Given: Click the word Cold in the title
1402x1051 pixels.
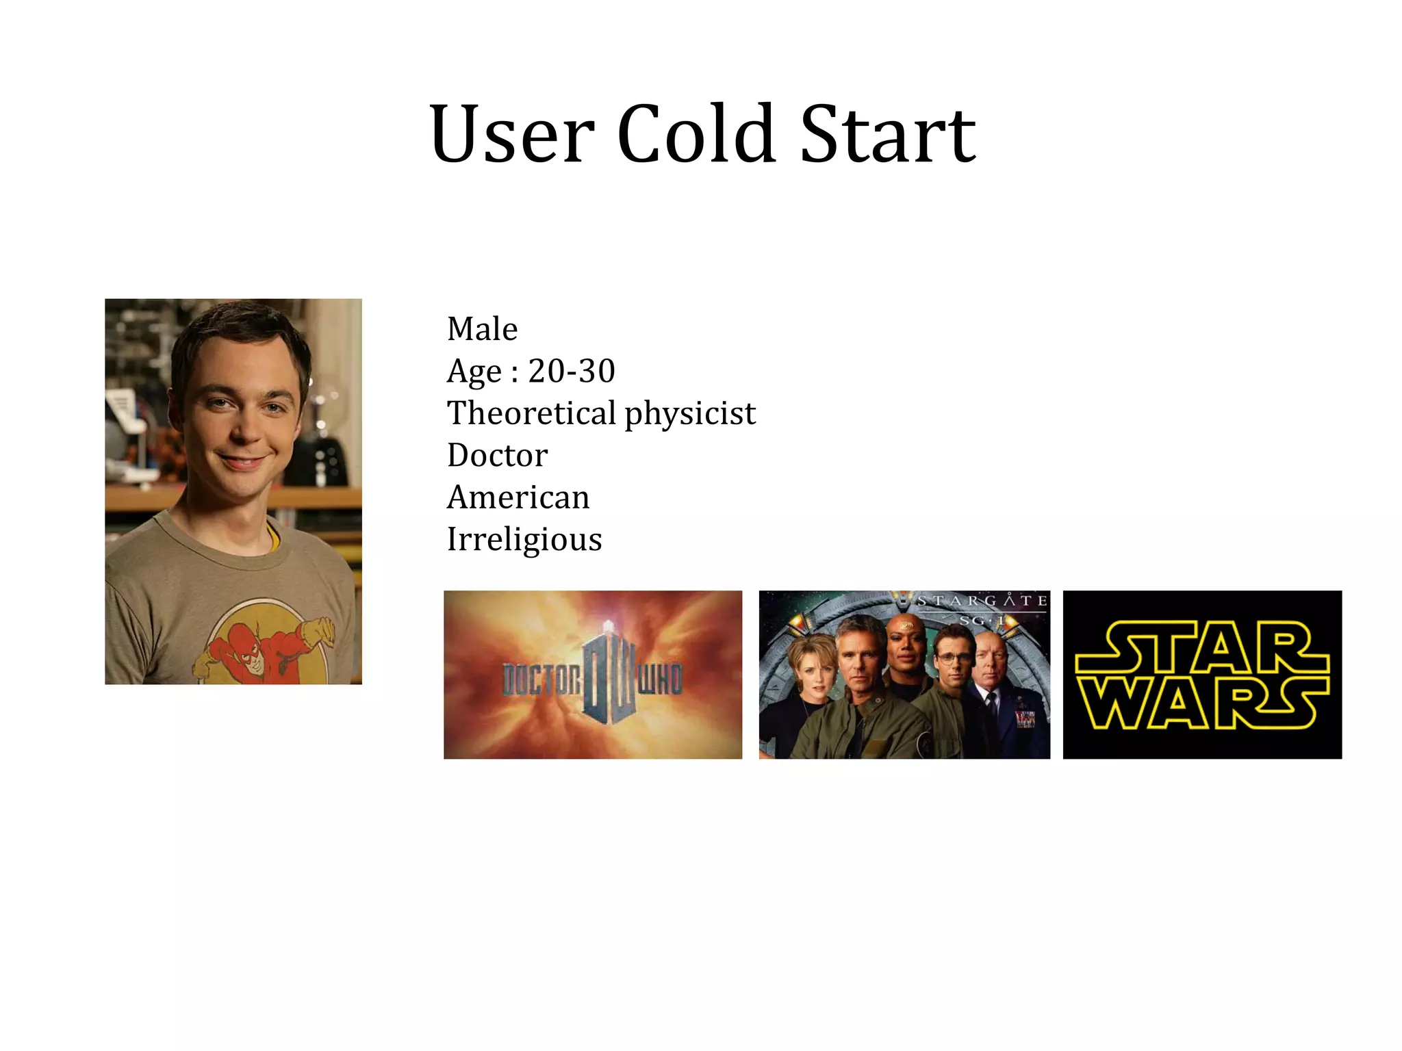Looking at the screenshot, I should (x=697, y=134).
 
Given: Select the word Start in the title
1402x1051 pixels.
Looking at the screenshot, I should (x=888, y=134).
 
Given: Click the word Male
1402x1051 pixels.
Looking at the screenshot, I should (x=482, y=329).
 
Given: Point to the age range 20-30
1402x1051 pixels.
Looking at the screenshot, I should (x=572, y=371).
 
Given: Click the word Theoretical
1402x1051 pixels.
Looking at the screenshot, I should (x=532, y=413).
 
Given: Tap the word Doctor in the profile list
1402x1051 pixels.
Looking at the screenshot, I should (x=498, y=456).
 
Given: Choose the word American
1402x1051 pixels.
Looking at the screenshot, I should (x=518, y=497).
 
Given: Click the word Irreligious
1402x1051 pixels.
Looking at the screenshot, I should (x=524, y=540).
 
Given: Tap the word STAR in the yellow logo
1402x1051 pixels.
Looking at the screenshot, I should (x=1201, y=647).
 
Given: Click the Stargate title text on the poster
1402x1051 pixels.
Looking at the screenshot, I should (x=981, y=601).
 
